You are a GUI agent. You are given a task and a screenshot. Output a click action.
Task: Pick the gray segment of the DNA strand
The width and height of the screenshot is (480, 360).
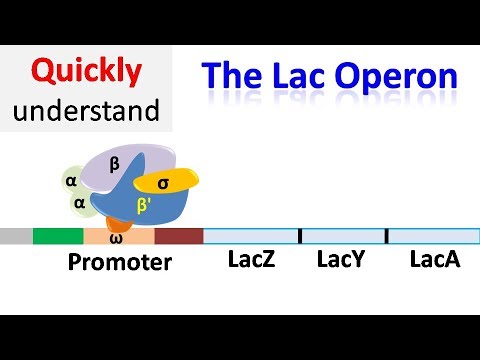click(16, 237)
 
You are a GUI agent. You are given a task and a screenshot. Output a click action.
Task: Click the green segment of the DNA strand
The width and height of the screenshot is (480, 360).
click(58, 237)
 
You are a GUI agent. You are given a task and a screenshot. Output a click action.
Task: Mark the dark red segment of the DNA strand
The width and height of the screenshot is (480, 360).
click(178, 237)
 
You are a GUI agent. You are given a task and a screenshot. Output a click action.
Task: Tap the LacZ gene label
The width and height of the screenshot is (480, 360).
click(251, 261)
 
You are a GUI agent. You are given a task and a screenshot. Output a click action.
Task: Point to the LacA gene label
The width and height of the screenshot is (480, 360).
click(435, 261)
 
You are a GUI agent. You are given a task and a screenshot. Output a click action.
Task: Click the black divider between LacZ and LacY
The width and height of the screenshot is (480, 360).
click(301, 237)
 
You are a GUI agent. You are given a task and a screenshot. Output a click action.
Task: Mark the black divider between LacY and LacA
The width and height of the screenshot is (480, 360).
click(387, 237)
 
